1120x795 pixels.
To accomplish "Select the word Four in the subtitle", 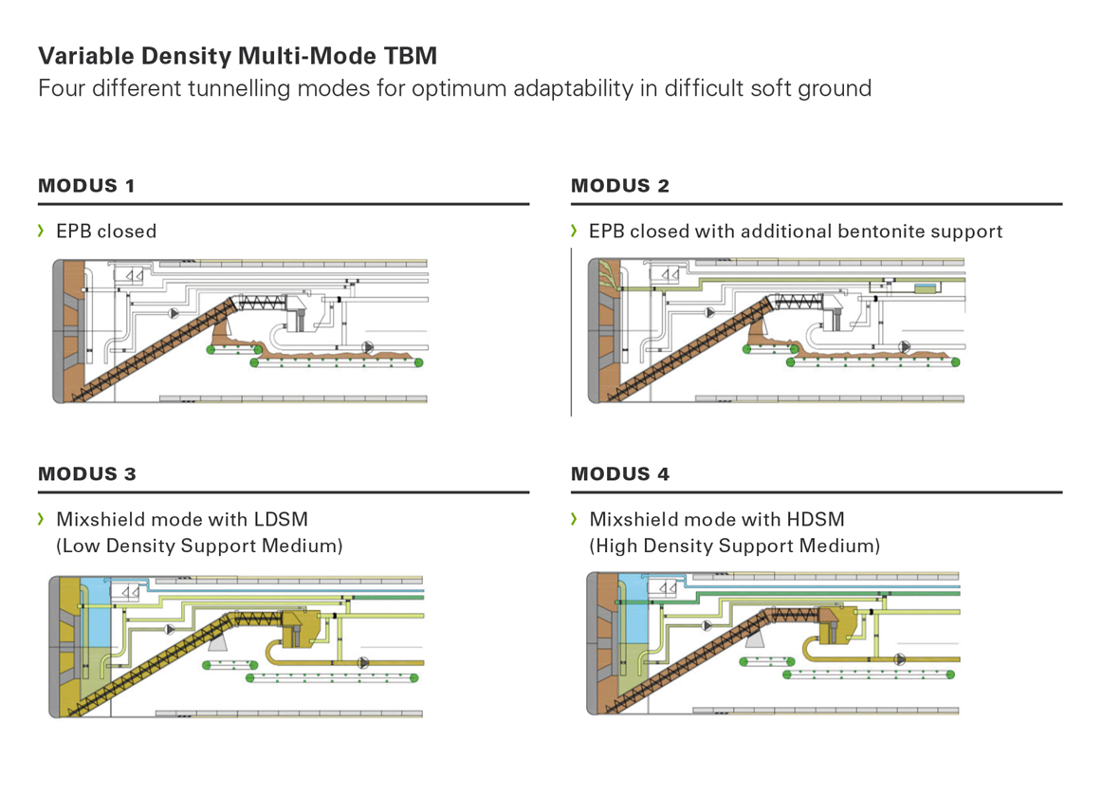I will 60,89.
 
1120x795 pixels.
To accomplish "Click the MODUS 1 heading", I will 86,186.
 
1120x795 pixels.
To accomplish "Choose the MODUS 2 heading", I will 620,186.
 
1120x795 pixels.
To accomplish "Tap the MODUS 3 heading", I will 87,473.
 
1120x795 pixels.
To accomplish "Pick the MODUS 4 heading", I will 620,473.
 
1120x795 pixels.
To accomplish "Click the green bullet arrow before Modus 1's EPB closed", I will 41,231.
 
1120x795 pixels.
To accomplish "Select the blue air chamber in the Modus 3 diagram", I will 96,612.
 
